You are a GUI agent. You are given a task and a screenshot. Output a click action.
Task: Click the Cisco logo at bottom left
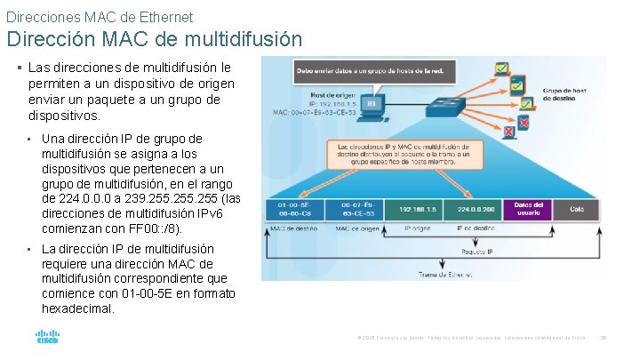pyautogui.click(x=47, y=338)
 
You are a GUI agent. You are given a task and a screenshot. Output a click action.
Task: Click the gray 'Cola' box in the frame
pyautogui.click(x=577, y=210)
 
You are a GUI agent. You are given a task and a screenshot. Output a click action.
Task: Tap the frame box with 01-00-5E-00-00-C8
pyautogui.click(x=293, y=210)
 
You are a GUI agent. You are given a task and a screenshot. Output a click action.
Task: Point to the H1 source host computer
pyautogui.click(x=372, y=105)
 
